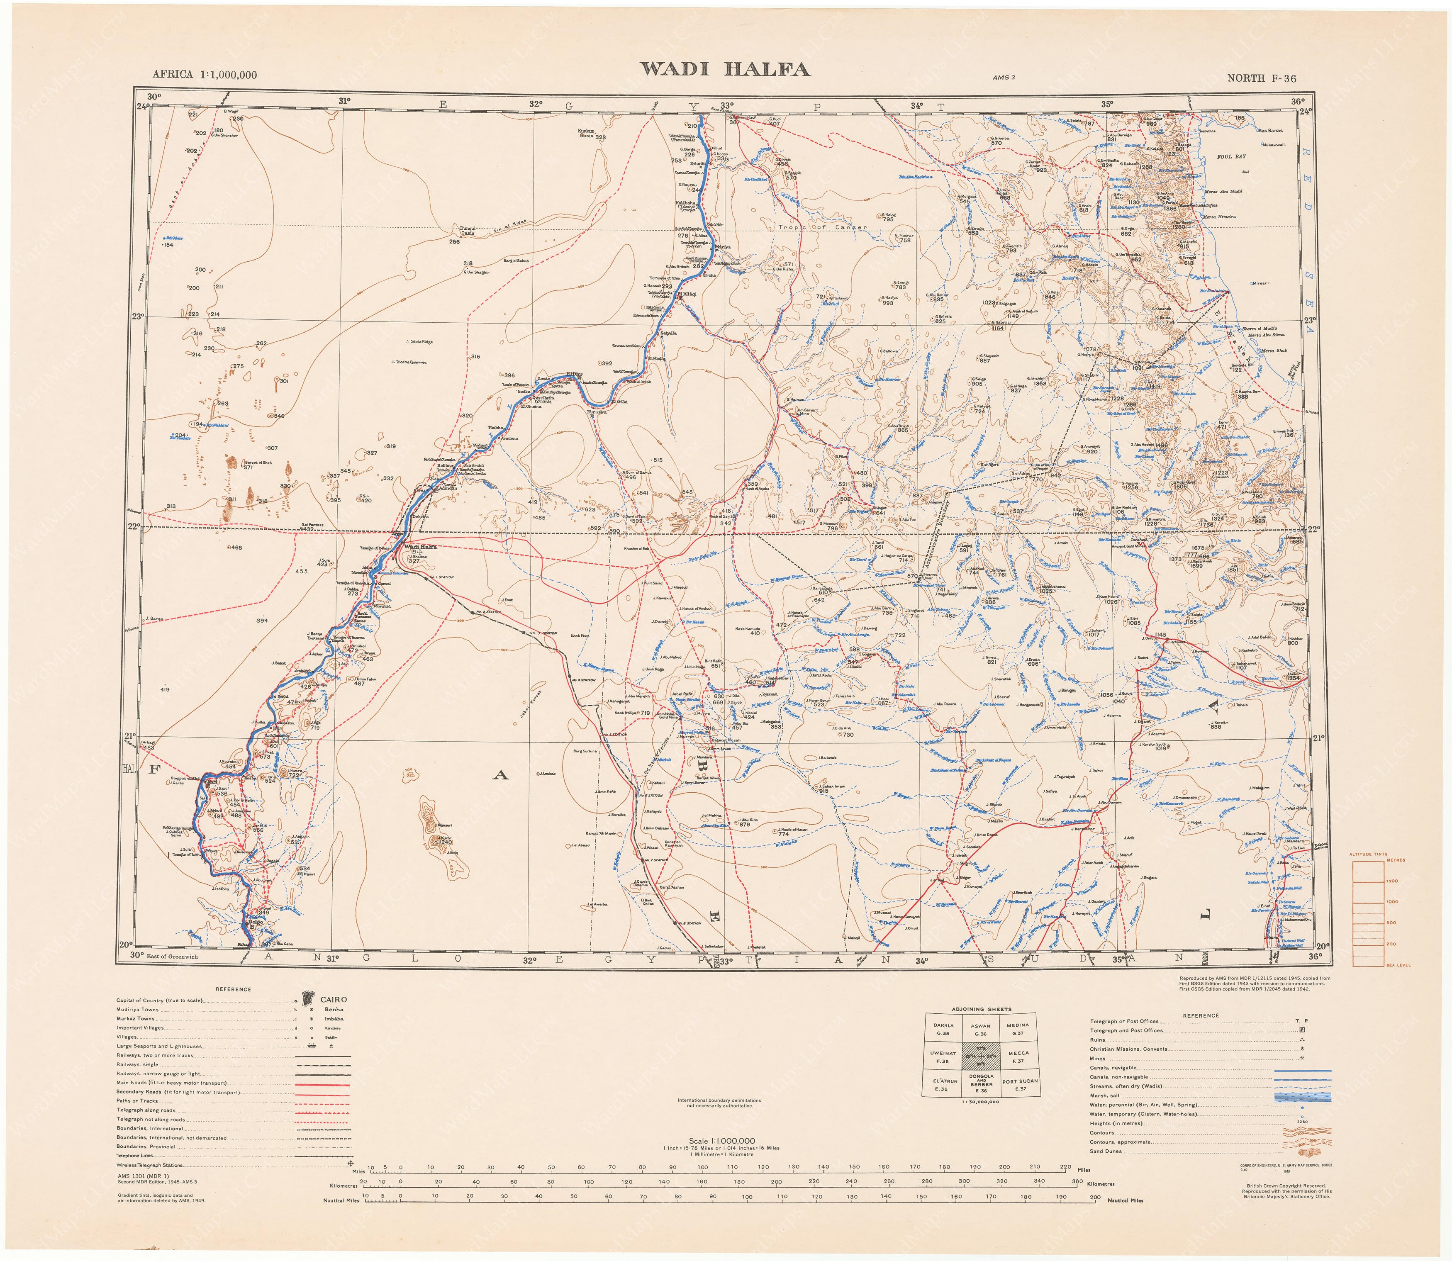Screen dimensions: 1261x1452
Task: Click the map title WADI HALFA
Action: point(724,69)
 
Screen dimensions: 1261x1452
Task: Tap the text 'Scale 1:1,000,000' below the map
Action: point(722,1142)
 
